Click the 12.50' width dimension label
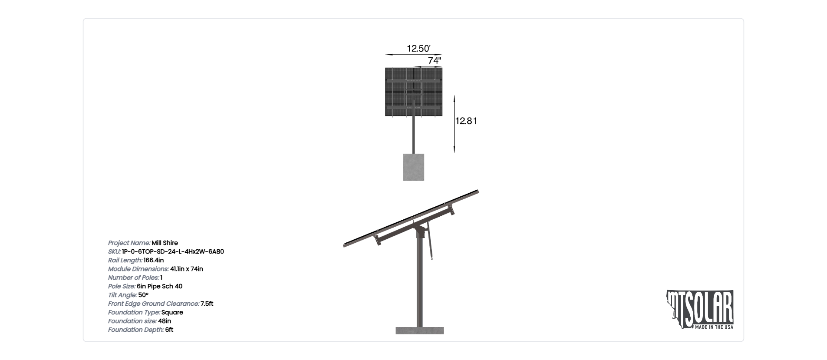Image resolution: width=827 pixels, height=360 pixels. point(418,49)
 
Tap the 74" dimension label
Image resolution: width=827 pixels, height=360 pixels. point(435,61)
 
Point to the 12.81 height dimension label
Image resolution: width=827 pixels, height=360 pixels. point(466,121)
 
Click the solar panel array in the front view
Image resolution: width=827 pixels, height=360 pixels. point(414,92)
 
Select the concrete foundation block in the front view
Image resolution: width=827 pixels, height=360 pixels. point(414,167)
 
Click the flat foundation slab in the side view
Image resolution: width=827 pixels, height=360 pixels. point(420,330)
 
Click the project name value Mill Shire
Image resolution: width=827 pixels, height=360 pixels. point(165,243)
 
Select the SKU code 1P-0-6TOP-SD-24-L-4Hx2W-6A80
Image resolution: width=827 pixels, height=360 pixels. point(173,251)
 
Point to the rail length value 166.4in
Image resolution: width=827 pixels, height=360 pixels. point(154,260)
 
